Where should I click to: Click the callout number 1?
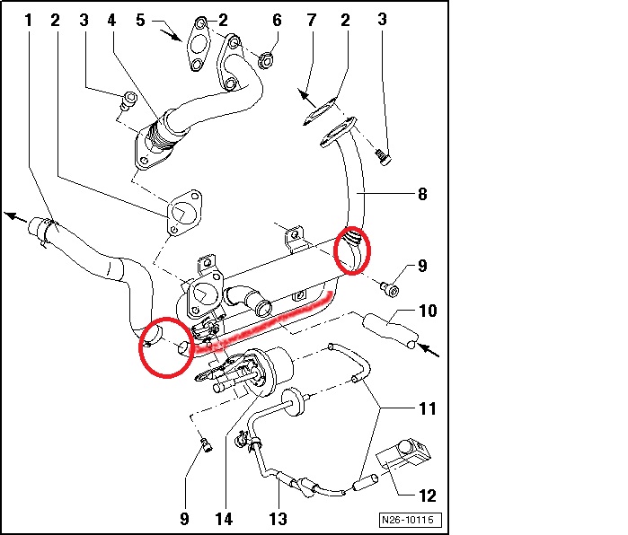(x=28, y=19)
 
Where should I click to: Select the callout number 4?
(x=111, y=19)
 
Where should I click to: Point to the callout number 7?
(x=311, y=19)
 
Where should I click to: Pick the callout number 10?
(x=427, y=312)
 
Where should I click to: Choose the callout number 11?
(x=428, y=409)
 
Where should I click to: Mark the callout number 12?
(x=427, y=495)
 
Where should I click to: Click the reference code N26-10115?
(x=408, y=520)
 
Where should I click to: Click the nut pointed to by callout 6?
(x=266, y=62)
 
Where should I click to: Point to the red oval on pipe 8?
(x=351, y=250)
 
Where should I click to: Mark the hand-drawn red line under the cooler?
(x=270, y=319)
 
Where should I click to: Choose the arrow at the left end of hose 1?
(x=12, y=215)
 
